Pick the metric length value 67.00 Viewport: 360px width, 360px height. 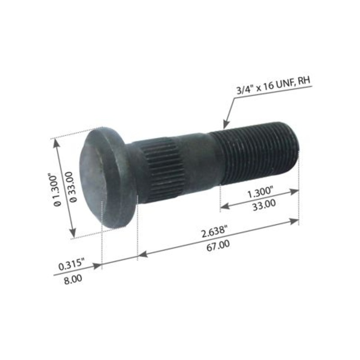tap(219, 244)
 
